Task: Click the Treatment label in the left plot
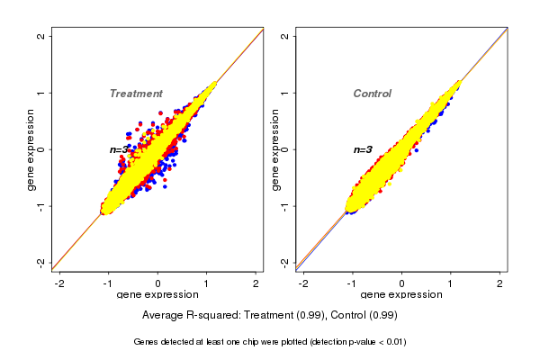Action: click(136, 94)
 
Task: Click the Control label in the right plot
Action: click(372, 94)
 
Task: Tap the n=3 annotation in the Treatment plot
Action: click(121, 149)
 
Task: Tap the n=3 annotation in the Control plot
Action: click(363, 149)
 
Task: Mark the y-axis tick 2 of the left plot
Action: click(41, 36)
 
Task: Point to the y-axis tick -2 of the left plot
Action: click(41, 262)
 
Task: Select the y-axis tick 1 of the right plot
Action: click(285, 93)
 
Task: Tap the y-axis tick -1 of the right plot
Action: click(285, 206)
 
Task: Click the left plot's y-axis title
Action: click(31, 149)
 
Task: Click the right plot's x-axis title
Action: click(401, 295)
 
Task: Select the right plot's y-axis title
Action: click(275, 149)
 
